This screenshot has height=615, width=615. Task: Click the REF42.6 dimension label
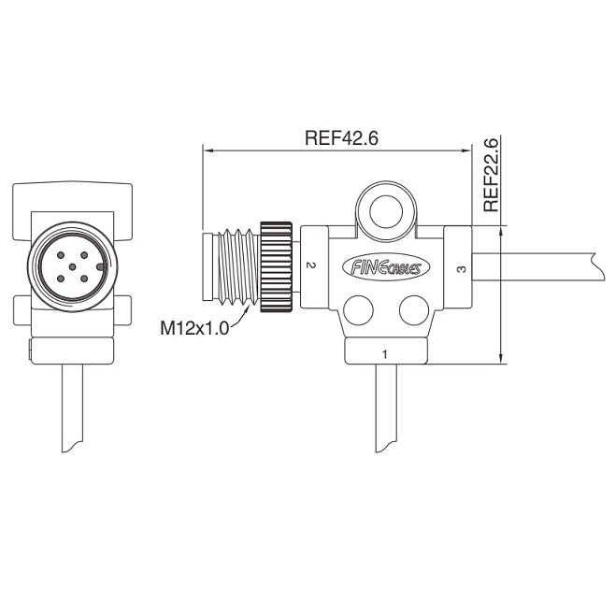(341, 137)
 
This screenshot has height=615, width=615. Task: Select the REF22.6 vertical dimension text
(491, 175)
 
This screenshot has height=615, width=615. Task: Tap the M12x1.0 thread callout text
(194, 328)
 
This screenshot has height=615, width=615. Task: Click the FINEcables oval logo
(386, 267)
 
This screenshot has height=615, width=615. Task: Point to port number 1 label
(385, 354)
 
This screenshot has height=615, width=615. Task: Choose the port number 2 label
(310, 265)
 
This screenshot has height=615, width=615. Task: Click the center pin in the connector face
(72, 267)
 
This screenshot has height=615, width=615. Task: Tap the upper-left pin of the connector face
(61, 255)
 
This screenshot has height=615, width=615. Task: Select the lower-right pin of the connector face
(83, 279)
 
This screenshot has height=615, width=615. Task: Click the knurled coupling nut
(276, 267)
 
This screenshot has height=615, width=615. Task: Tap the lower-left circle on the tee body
(358, 310)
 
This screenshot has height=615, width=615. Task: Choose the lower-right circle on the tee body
(414, 310)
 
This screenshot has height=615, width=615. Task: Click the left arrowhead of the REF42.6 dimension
(207, 150)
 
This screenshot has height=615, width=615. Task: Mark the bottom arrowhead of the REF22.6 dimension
(500, 359)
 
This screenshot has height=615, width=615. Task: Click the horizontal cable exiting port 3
(533, 266)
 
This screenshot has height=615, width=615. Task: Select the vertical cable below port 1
(386, 408)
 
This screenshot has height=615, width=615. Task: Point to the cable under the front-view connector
(72, 408)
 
